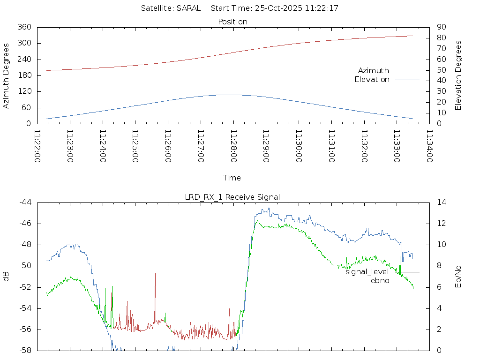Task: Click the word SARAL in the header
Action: (x=188, y=8)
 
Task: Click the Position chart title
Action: (x=232, y=22)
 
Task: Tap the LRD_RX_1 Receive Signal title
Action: (x=232, y=197)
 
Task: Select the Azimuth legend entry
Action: (x=374, y=70)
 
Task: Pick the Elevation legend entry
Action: (x=372, y=80)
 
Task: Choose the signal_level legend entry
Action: (x=367, y=271)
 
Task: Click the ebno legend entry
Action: (x=380, y=280)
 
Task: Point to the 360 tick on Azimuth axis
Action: (x=24, y=27)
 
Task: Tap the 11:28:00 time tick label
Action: (x=233, y=146)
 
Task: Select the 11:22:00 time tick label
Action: (x=37, y=146)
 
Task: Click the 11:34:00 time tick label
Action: (x=429, y=146)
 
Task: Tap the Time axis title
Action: (x=232, y=178)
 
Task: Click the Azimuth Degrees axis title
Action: (x=6, y=75)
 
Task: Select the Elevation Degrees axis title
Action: (x=458, y=75)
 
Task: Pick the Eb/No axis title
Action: (x=458, y=277)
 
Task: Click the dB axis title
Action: (x=6, y=277)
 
